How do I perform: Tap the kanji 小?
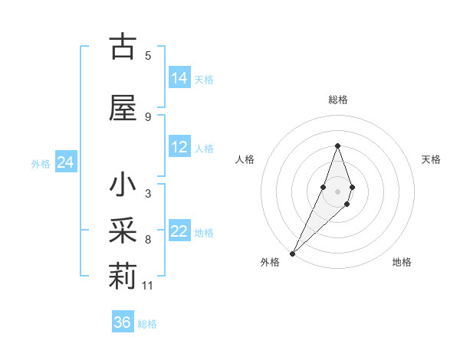point(123,186)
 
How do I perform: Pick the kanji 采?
point(123,231)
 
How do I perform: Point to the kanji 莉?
point(123,277)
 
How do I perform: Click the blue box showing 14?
point(179,78)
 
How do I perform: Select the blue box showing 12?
point(179,147)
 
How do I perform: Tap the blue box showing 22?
point(179,232)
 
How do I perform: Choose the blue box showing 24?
point(66,162)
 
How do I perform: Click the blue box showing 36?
point(123,322)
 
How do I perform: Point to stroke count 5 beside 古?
point(148,55)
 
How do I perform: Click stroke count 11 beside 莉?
point(148,286)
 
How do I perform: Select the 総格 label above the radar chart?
point(337,100)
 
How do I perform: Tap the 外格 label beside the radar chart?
point(270,263)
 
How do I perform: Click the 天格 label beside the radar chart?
point(431,159)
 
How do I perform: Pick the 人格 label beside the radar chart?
point(245,159)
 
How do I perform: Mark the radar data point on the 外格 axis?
point(292,253)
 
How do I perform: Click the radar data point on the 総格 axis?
point(337,146)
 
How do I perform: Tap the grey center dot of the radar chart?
point(337,191)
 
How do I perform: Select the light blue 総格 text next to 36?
point(147,324)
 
